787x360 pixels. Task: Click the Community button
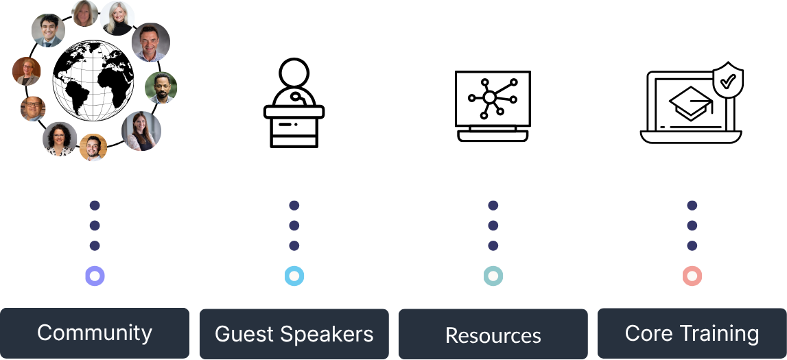point(95,333)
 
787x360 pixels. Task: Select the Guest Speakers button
point(294,334)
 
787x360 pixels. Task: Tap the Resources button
point(493,335)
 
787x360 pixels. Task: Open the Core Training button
point(692,333)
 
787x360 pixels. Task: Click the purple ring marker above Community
point(95,276)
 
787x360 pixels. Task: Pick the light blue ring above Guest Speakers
point(294,276)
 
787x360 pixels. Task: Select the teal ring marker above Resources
point(493,276)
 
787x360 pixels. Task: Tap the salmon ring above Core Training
point(692,276)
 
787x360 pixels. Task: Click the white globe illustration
point(93,81)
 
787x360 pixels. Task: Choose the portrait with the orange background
point(93,147)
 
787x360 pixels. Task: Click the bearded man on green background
point(161,88)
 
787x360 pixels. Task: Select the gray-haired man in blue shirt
point(150,43)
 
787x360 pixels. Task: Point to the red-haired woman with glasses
point(27,71)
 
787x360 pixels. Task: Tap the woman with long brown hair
point(141,131)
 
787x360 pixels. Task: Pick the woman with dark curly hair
point(60,139)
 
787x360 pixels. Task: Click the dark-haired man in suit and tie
point(48,31)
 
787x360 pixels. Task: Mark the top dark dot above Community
point(95,205)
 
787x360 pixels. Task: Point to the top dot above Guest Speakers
point(294,205)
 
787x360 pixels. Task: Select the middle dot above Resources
point(493,226)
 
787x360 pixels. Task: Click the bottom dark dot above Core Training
point(692,245)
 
